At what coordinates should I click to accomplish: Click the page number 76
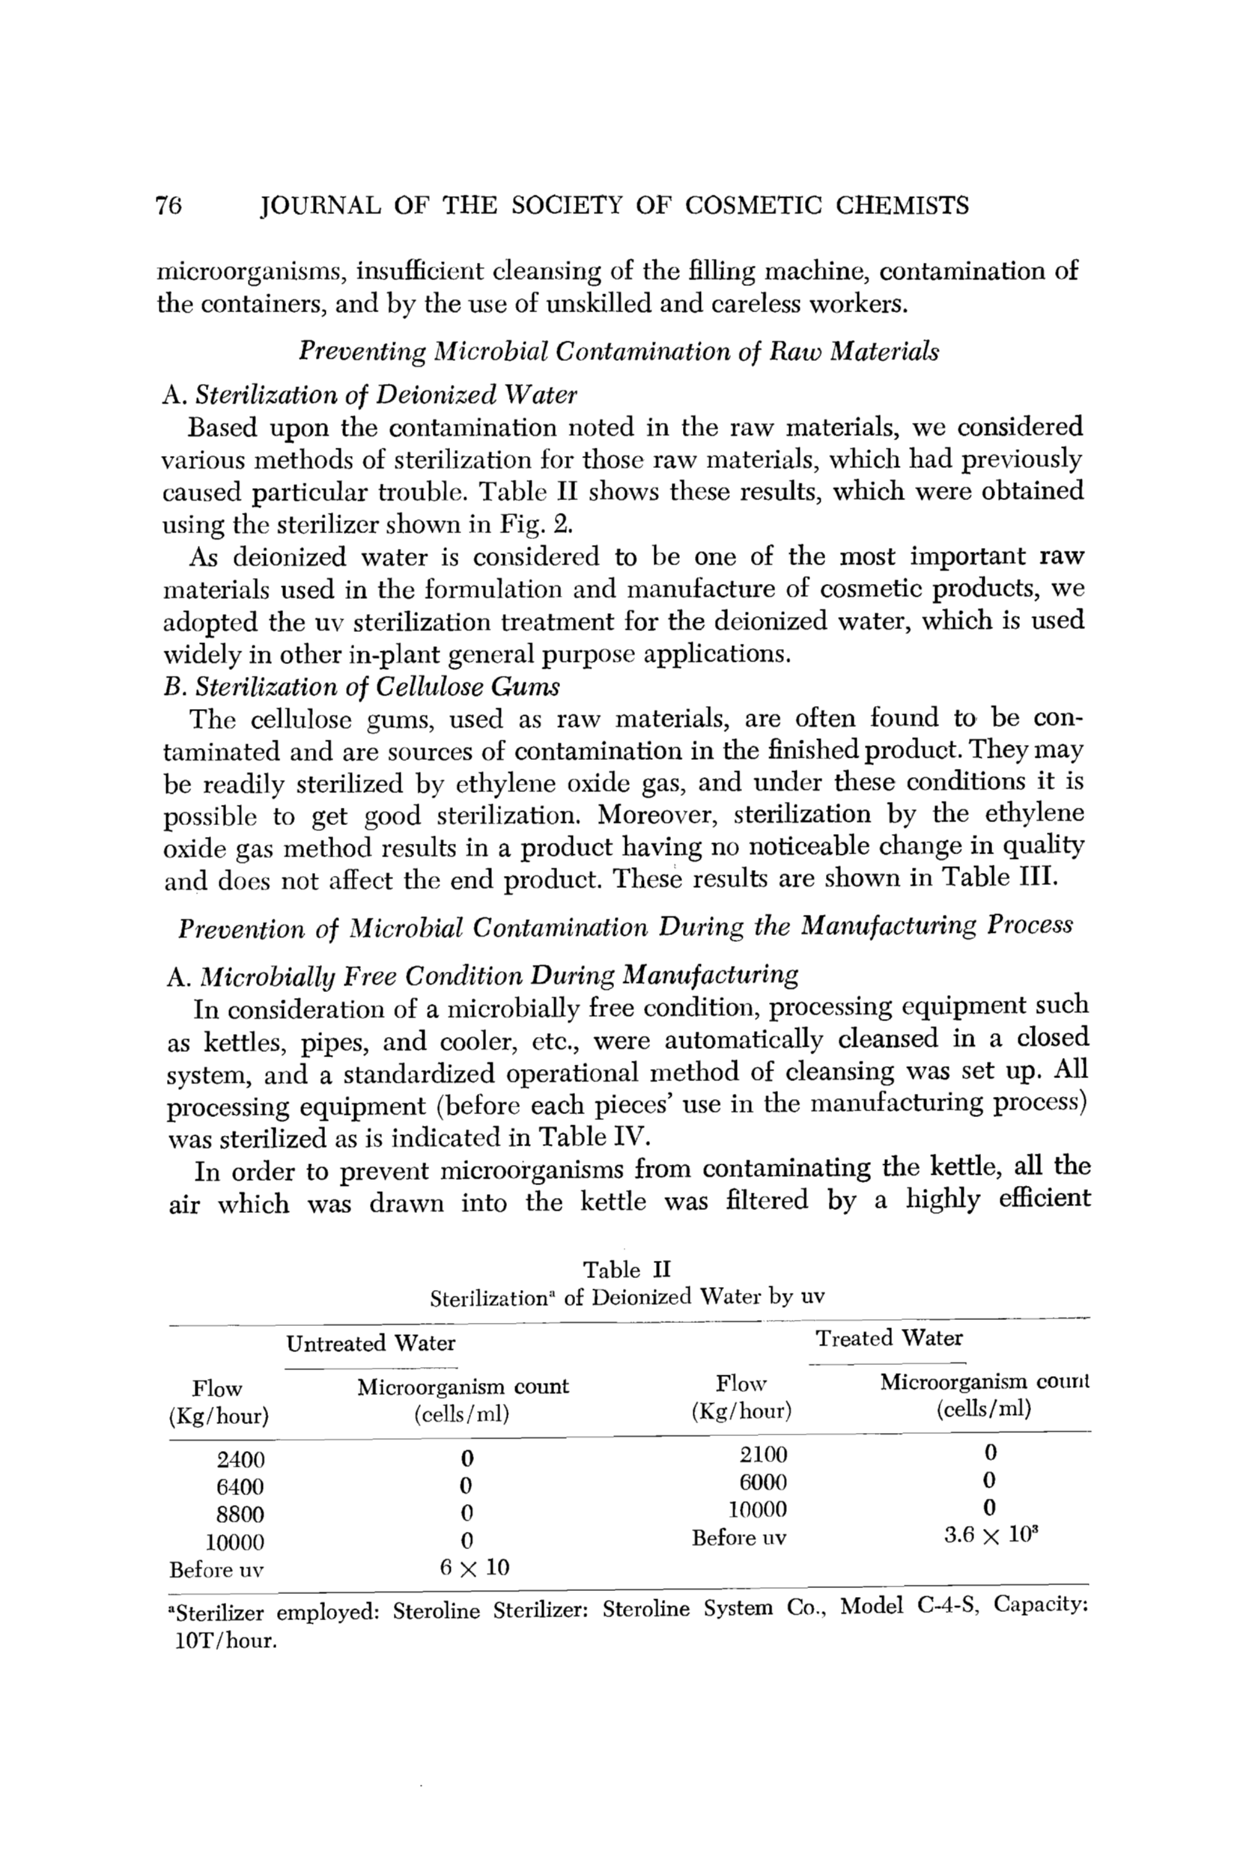tap(169, 205)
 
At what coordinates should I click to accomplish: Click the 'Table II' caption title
tap(627, 1269)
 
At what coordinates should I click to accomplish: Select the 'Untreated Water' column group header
tap(371, 1343)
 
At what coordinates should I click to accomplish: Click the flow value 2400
tap(240, 1460)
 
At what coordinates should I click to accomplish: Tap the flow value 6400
tap(240, 1487)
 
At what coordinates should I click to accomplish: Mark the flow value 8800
tap(240, 1514)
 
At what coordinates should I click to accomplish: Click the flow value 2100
tap(763, 1455)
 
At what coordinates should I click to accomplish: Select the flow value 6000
tap(763, 1482)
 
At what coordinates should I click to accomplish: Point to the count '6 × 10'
tap(474, 1567)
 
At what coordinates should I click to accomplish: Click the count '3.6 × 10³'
tap(990, 1535)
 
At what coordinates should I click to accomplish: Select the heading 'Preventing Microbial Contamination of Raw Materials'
tap(618, 351)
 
